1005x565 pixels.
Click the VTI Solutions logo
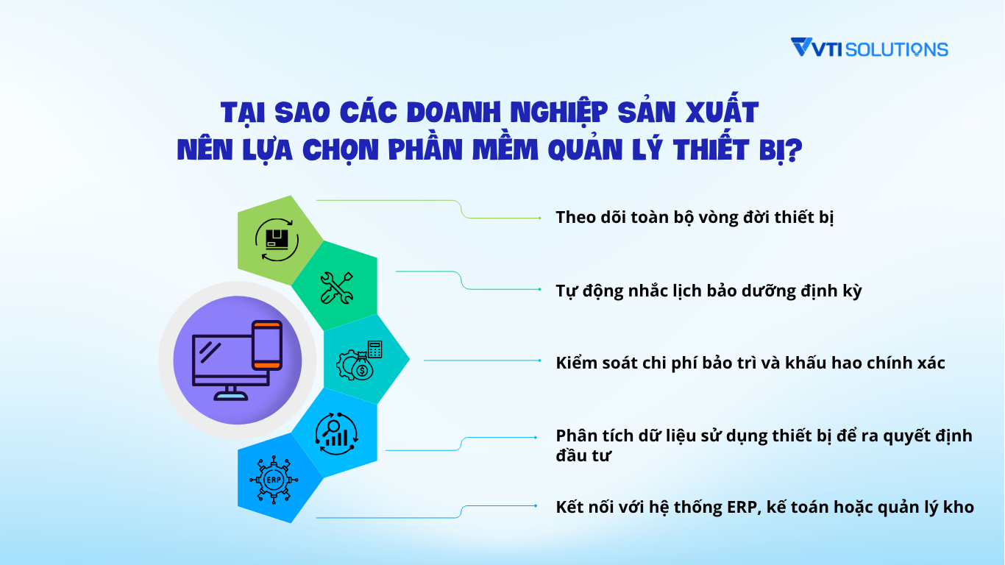click(x=869, y=49)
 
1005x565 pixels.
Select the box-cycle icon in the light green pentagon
click(x=277, y=239)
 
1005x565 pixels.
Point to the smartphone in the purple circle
click(x=266, y=345)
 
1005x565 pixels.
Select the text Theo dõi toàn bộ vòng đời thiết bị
click(x=695, y=218)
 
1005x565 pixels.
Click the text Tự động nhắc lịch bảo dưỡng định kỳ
click(x=709, y=291)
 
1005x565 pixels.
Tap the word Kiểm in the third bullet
click(x=575, y=363)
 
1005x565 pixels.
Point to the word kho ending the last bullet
click(x=960, y=507)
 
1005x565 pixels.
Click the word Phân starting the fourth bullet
click(x=574, y=436)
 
